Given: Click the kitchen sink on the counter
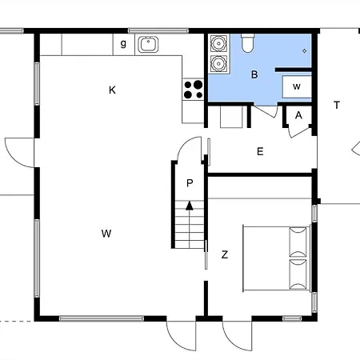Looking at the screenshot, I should (148, 45).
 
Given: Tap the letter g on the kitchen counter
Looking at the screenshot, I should (123, 43).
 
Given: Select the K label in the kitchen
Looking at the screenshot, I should (113, 90).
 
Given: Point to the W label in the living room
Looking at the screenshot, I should (106, 234).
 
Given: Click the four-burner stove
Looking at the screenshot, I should (193, 89).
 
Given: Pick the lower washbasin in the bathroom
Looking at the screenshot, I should (218, 62).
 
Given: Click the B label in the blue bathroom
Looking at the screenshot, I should (254, 75).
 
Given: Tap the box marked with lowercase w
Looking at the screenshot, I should (296, 86).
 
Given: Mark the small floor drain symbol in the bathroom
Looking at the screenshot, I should (305, 52).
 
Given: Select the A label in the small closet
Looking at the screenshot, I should (298, 115).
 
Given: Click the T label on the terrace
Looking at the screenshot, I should (337, 105).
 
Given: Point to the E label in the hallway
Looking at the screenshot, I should (259, 151).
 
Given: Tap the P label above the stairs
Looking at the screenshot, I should (190, 183).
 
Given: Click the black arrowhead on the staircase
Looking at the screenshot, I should (190, 206).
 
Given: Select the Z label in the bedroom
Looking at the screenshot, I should (225, 255).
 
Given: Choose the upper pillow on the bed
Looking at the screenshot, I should (298, 240).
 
